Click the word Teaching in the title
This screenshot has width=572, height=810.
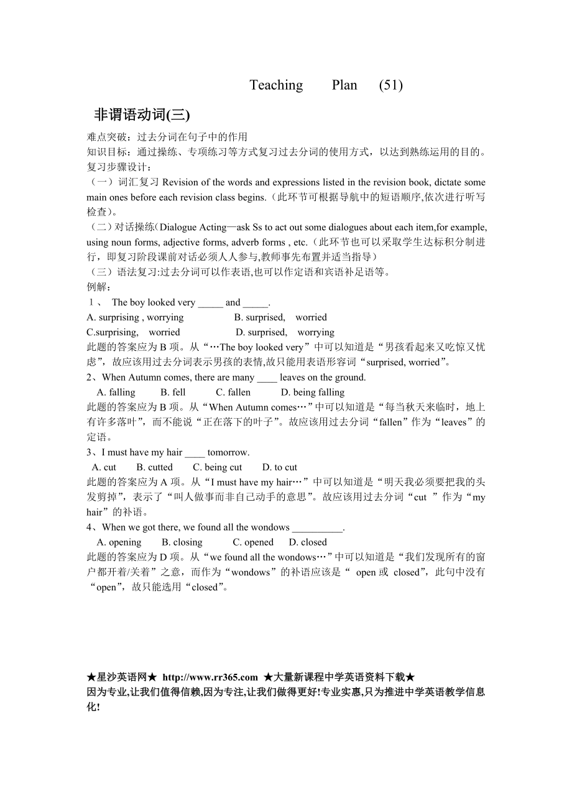click(276, 85)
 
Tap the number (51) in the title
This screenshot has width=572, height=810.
click(390, 85)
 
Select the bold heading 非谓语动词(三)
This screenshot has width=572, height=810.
click(142, 115)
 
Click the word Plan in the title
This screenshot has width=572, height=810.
click(344, 85)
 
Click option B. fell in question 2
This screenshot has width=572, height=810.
click(173, 393)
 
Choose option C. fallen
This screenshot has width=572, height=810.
click(233, 393)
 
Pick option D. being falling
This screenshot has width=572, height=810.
click(313, 393)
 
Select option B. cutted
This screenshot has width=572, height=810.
click(155, 467)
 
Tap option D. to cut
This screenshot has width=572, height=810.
click(280, 467)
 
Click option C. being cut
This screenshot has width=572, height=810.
click(218, 467)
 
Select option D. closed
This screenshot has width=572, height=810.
click(308, 542)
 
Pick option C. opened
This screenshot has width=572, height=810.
click(253, 542)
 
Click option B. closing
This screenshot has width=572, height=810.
click(182, 542)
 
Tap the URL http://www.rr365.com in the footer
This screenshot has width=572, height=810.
click(210, 677)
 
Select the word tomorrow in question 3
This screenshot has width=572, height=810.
click(228, 452)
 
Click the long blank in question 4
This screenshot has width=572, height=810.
click(317, 528)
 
